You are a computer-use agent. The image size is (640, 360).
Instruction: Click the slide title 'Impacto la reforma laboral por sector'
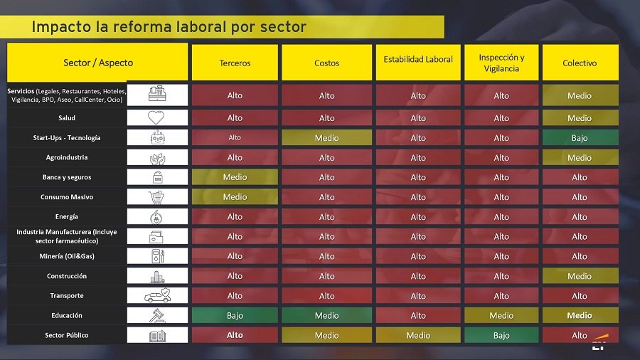(x=169, y=27)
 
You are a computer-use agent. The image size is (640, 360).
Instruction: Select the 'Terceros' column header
(x=235, y=63)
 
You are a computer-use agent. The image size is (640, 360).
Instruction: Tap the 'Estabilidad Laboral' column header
(x=418, y=60)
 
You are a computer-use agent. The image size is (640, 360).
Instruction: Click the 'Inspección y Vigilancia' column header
(x=501, y=63)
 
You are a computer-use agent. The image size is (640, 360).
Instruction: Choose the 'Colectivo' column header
(x=580, y=63)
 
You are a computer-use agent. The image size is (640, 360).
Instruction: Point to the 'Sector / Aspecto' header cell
(x=98, y=63)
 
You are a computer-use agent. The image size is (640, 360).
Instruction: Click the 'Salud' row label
(x=67, y=118)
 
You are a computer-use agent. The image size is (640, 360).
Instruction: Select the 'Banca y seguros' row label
(x=67, y=177)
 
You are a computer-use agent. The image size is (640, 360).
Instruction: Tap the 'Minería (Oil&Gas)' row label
(x=67, y=256)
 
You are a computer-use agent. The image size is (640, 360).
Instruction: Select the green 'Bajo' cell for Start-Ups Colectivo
(x=580, y=138)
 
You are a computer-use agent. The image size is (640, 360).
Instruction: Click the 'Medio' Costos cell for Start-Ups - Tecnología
(x=326, y=138)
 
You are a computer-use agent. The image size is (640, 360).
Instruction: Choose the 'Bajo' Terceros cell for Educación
(x=235, y=315)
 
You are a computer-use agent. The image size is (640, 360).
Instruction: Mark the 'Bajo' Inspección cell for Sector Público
(x=501, y=335)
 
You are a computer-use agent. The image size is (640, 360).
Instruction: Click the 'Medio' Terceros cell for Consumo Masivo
(x=235, y=197)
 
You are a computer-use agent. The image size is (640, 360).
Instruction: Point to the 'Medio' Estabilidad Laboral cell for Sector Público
(x=418, y=335)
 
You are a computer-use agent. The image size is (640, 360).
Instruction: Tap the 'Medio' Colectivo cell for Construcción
(x=580, y=276)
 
